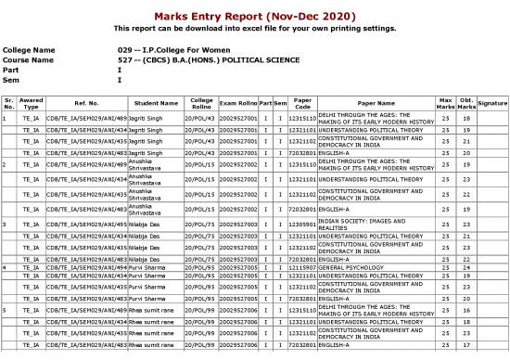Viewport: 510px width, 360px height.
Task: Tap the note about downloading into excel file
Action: point(254,29)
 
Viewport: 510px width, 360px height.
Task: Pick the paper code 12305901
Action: point(301,224)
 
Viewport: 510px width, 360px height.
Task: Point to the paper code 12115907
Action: point(301,266)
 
